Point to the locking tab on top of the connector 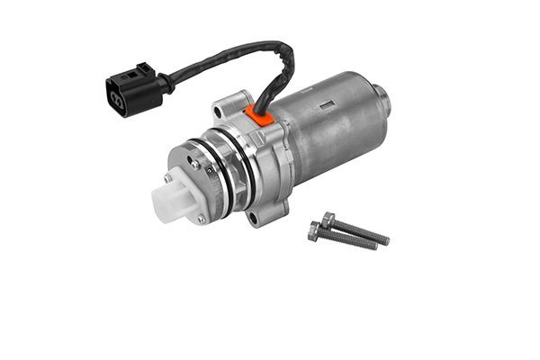[x=142, y=68]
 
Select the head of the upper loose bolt [x=328, y=218]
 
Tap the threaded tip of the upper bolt [x=384, y=241]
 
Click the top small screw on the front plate [x=195, y=163]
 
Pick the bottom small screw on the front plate [x=202, y=219]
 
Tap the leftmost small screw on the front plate [x=167, y=178]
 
